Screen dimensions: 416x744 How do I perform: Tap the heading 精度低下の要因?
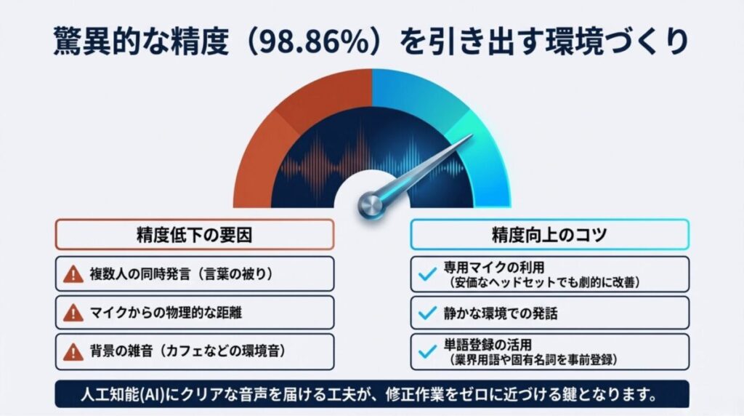(x=194, y=234)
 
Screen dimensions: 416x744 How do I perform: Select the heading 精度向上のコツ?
(x=549, y=234)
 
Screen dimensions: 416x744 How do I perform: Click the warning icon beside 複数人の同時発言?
(x=73, y=274)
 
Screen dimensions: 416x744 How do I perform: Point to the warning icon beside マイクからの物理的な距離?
(x=73, y=313)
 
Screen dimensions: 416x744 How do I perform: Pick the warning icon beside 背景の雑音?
(x=73, y=352)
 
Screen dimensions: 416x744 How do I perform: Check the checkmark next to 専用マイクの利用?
(x=427, y=274)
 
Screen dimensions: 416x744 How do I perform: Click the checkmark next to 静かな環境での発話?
(x=427, y=313)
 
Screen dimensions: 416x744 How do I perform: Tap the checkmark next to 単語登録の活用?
(x=427, y=352)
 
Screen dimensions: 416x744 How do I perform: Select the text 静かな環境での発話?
(x=498, y=313)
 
